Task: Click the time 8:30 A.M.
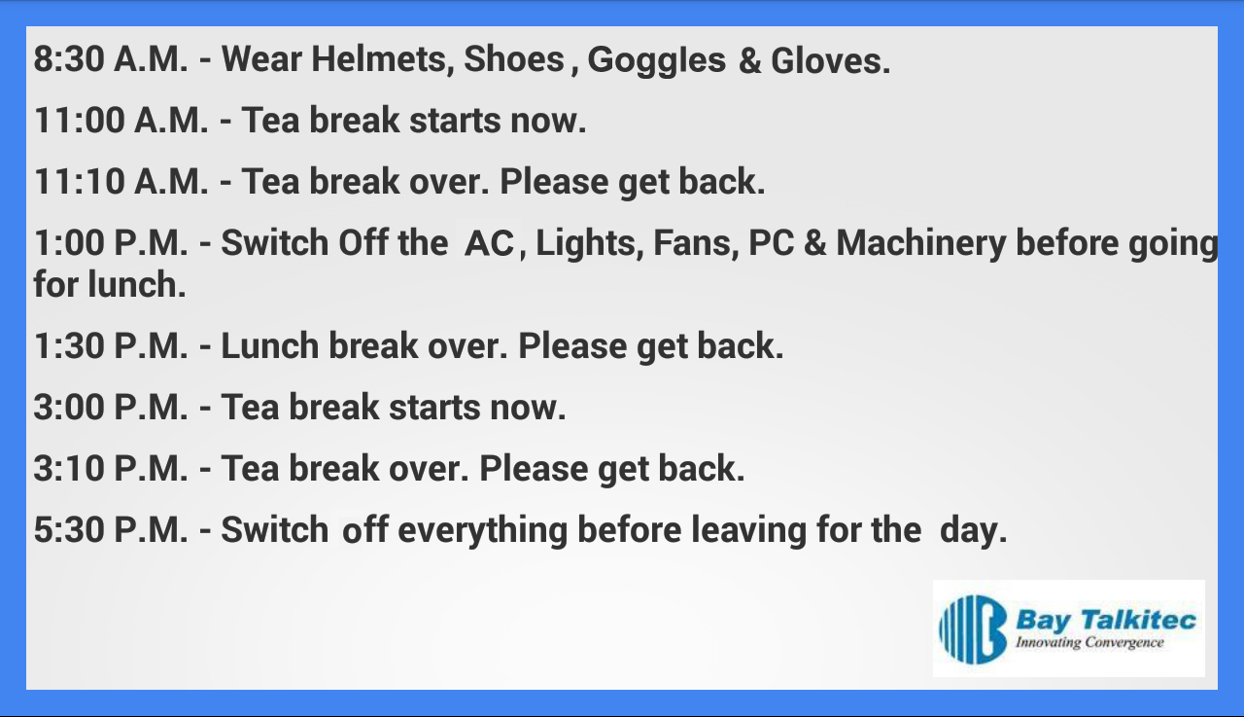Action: click(x=111, y=59)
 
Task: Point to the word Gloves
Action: click(x=830, y=60)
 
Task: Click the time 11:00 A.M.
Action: click(x=121, y=120)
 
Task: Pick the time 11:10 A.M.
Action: click(x=121, y=181)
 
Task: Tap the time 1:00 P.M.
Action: click(x=111, y=243)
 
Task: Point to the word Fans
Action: click(x=696, y=243)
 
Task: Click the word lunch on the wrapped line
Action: click(x=137, y=285)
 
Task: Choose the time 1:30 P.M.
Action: click(x=111, y=345)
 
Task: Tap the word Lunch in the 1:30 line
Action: click(x=270, y=345)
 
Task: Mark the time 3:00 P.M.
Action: click(x=111, y=407)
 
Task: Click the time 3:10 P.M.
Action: click(x=111, y=468)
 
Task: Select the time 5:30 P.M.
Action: click(x=111, y=529)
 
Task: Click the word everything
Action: click(x=483, y=531)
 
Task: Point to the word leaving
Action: click(x=748, y=531)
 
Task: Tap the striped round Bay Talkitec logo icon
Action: click(x=973, y=629)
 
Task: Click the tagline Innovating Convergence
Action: click(x=1089, y=643)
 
